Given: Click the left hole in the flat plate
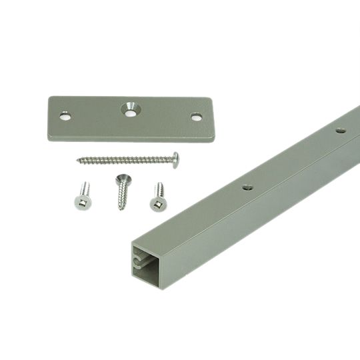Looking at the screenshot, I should pos(65,116).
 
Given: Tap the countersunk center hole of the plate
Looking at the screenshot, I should pos(129,109).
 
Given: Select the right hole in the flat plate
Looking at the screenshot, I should pos(196,117).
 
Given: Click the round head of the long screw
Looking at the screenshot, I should pos(175,159).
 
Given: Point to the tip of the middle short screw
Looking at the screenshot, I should pos(121,209).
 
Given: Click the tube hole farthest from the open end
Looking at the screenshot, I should pos(340,131).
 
